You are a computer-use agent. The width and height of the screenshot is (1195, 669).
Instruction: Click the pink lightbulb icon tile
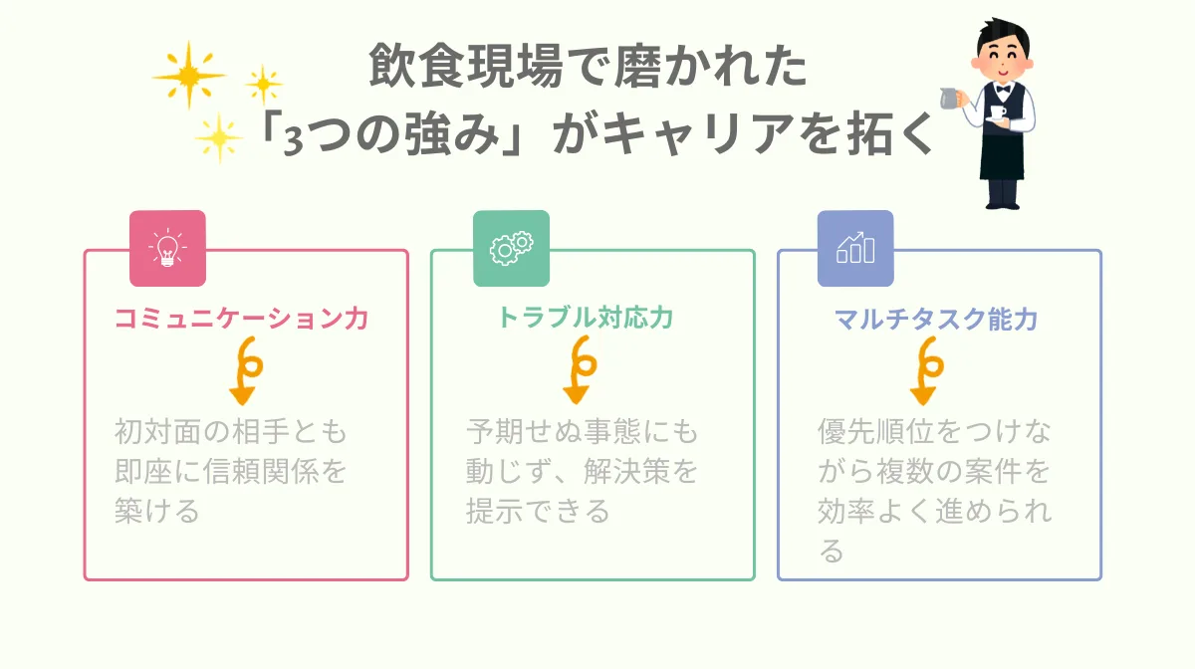pyautogui.click(x=167, y=248)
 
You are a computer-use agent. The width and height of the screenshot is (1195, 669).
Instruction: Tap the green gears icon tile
pyautogui.click(x=511, y=248)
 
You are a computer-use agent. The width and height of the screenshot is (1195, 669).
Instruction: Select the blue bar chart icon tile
pyautogui.click(x=855, y=248)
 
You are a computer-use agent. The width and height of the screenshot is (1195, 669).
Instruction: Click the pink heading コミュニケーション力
pyautogui.click(x=242, y=319)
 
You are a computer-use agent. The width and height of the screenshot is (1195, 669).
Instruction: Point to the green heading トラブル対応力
pyautogui.click(x=586, y=319)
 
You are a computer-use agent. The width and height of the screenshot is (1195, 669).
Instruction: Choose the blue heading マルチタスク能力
pyautogui.click(x=936, y=319)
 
